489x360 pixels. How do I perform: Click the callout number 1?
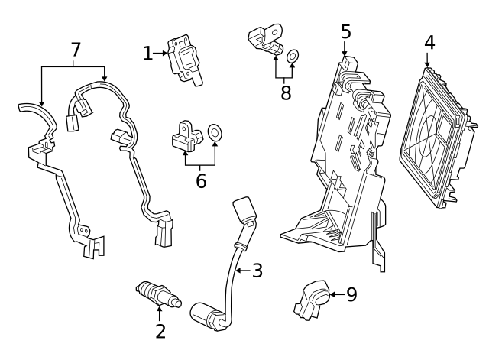(x=147, y=53)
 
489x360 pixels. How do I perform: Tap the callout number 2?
(x=160, y=331)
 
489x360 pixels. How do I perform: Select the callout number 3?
(x=257, y=270)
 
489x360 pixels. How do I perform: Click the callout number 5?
(x=346, y=31)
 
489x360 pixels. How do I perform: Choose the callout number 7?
(x=75, y=50)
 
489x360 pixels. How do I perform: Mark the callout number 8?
(x=286, y=92)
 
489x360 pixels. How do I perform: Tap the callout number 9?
(x=351, y=294)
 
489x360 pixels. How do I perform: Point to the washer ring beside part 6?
(x=215, y=134)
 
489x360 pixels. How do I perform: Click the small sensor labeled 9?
(x=313, y=298)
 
